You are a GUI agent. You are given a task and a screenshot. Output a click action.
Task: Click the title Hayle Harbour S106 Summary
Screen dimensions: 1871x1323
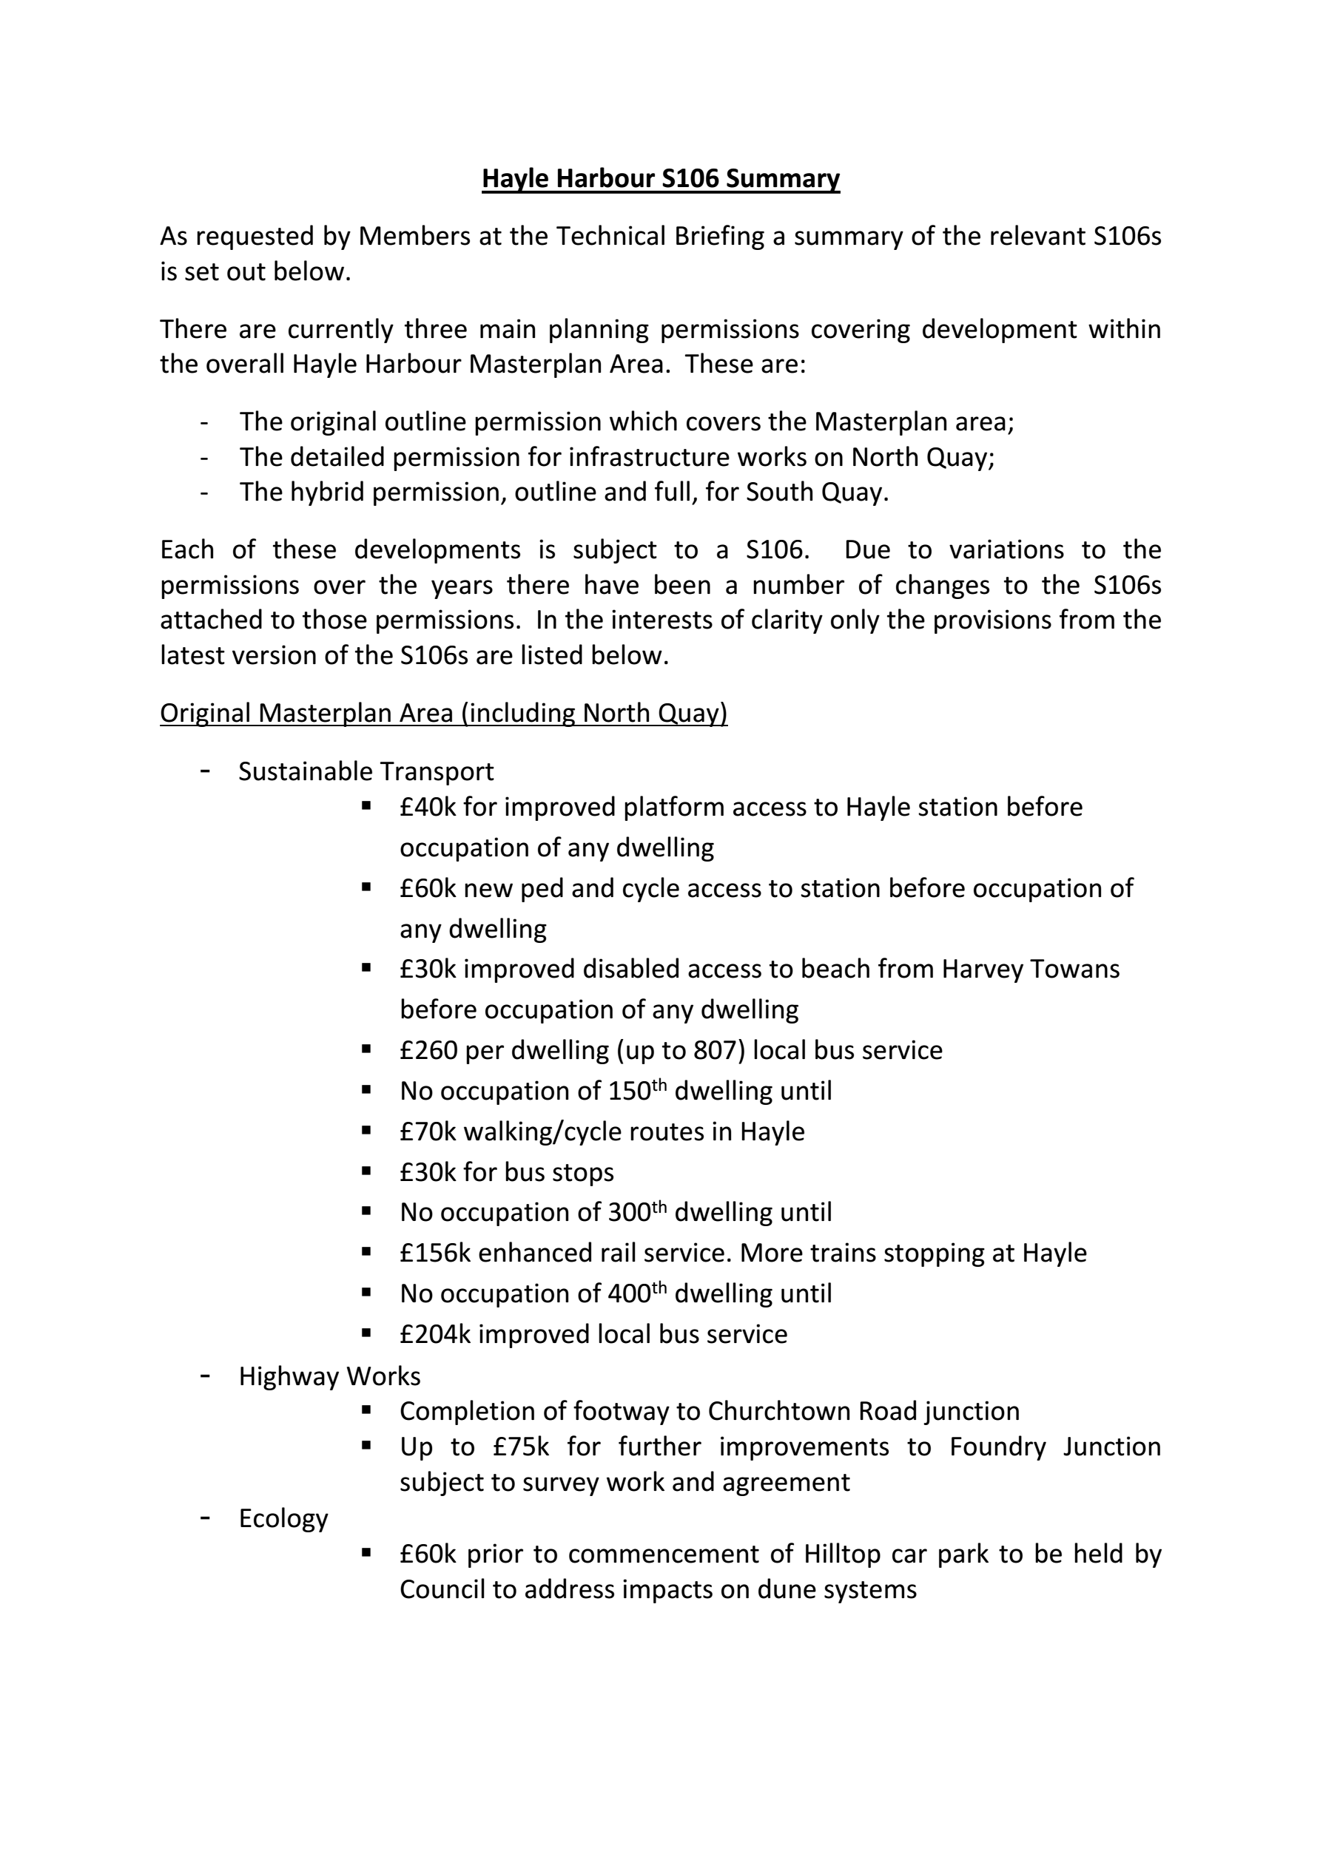tap(660, 178)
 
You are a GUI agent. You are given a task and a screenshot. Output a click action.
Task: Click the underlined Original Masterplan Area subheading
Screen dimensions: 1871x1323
tap(443, 713)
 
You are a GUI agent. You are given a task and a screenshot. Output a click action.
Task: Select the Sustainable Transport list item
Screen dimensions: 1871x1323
tap(366, 771)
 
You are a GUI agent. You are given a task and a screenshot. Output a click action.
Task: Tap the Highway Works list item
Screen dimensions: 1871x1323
tap(329, 1376)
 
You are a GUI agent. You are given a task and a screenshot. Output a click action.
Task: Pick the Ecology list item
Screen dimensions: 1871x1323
tap(283, 1518)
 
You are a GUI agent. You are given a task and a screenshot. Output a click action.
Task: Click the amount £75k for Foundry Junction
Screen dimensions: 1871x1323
tap(521, 1447)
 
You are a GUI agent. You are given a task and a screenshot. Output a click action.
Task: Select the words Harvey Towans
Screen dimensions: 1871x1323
tap(1031, 969)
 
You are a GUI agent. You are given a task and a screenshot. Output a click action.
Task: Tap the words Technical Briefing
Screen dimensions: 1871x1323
tap(660, 237)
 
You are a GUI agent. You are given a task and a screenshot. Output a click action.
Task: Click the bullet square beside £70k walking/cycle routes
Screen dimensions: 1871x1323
tap(367, 1130)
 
